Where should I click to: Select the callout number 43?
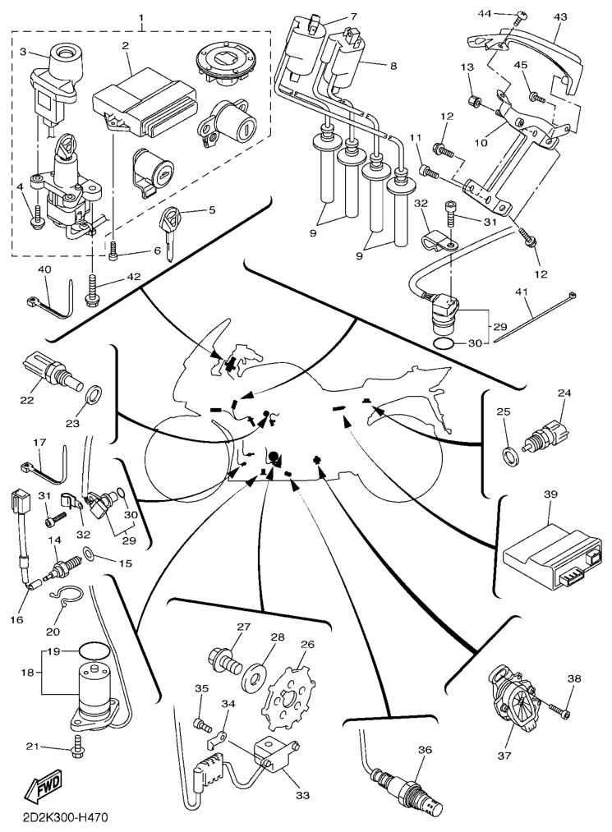click(x=560, y=17)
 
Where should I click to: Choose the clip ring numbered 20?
click(x=64, y=605)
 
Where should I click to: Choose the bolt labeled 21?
click(x=78, y=748)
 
